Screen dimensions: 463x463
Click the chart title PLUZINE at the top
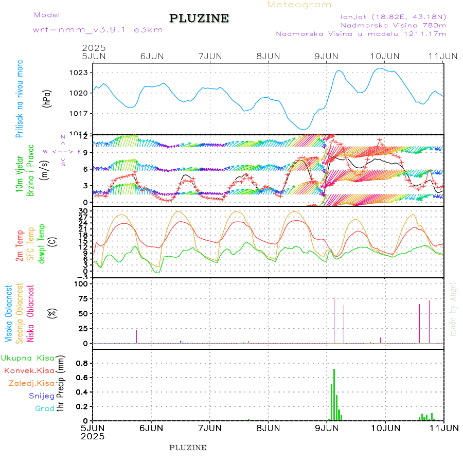click(199, 19)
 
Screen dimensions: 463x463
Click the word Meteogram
click(299, 5)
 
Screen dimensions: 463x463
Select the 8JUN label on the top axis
click(268, 56)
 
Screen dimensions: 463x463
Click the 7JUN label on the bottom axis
click(210, 428)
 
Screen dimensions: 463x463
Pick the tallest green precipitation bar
click(334, 394)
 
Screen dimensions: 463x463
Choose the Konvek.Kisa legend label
click(29, 370)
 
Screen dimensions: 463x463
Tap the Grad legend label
click(45, 408)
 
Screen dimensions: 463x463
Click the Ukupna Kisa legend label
click(28, 358)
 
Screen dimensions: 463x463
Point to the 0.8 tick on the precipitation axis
click(82, 363)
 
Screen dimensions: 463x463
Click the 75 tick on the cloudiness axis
click(83, 298)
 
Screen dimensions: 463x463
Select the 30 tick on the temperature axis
click(83, 211)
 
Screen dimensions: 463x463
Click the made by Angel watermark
click(453, 309)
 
